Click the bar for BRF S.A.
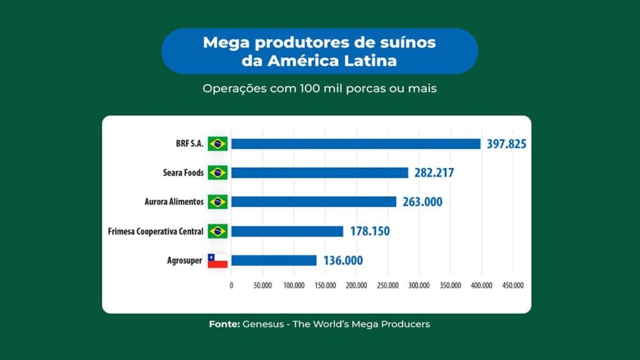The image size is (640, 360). (x=355, y=144)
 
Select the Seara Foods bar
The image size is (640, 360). (x=319, y=172)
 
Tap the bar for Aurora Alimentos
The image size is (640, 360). (x=313, y=202)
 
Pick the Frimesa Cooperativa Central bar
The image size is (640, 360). (x=287, y=231)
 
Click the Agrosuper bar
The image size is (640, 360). (x=274, y=260)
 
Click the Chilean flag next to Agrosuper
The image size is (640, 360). (x=217, y=261)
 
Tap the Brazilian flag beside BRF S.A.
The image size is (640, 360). (x=217, y=144)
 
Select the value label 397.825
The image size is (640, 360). (x=506, y=144)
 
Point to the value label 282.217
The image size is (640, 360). (x=434, y=173)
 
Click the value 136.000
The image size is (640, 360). (x=342, y=261)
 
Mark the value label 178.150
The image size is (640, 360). (x=369, y=231)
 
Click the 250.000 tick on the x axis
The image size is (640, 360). (x=387, y=285)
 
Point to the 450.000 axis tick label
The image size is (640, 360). (x=512, y=285)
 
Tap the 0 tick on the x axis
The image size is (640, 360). (x=231, y=285)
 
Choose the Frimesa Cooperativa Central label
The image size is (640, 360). (x=156, y=232)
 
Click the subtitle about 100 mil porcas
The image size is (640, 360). (x=319, y=89)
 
